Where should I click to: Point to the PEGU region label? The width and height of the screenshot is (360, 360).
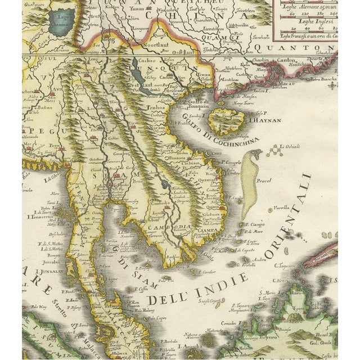(x=31, y=129)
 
